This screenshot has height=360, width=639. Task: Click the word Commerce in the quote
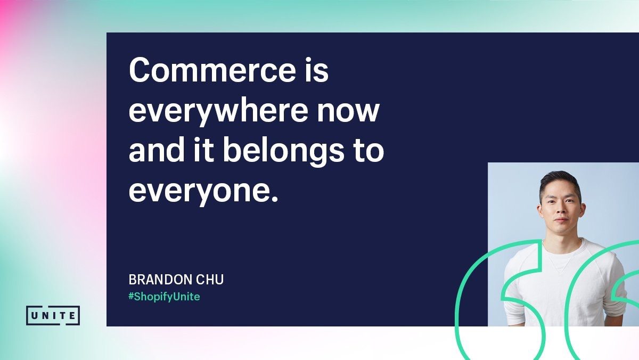click(x=212, y=70)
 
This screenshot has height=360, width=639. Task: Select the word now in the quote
click(x=348, y=113)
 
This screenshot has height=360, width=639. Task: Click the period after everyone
click(x=274, y=199)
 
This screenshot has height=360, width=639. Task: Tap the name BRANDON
click(x=160, y=280)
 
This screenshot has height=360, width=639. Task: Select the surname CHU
click(x=210, y=280)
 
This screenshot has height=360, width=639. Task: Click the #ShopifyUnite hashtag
click(x=164, y=297)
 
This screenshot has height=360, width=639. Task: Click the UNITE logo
click(x=53, y=315)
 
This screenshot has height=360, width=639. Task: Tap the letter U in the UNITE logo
click(x=34, y=315)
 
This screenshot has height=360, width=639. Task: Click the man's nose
click(x=560, y=210)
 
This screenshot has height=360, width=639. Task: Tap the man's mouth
click(x=561, y=220)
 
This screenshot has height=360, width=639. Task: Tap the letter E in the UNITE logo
click(x=72, y=315)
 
